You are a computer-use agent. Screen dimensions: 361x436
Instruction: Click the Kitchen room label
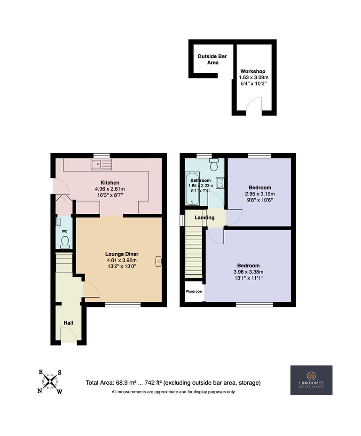coord(110,183)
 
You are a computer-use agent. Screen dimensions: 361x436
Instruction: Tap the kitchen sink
coord(101,164)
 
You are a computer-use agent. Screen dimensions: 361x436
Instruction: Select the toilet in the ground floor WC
coord(65,242)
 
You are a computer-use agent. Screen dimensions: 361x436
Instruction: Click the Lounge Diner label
coord(122,254)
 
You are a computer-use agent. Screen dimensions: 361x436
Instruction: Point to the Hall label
coord(69,323)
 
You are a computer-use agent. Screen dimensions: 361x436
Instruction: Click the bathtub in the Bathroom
coord(192,188)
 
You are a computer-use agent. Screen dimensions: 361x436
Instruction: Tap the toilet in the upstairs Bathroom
coord(214,164)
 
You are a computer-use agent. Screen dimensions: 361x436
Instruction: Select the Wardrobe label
coord(194,291)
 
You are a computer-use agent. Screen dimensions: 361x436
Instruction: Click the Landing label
coord(204,218)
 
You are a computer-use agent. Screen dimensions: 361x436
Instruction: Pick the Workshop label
coord(253,71)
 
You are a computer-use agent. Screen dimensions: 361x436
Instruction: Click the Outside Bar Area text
coord(212,59)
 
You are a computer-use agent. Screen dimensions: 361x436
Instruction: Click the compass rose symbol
coord(50,381)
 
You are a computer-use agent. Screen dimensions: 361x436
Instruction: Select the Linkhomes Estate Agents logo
coord(312,380)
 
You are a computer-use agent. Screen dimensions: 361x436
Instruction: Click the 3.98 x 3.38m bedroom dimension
coord(248,272)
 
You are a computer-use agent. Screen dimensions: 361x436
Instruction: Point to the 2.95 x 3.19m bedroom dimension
coord(260,194)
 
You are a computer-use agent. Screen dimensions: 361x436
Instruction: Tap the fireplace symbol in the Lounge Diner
coord(158,261)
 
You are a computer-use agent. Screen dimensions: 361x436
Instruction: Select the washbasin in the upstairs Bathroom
coord(220,183)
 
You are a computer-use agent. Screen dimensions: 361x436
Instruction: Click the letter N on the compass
coord(40,391)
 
